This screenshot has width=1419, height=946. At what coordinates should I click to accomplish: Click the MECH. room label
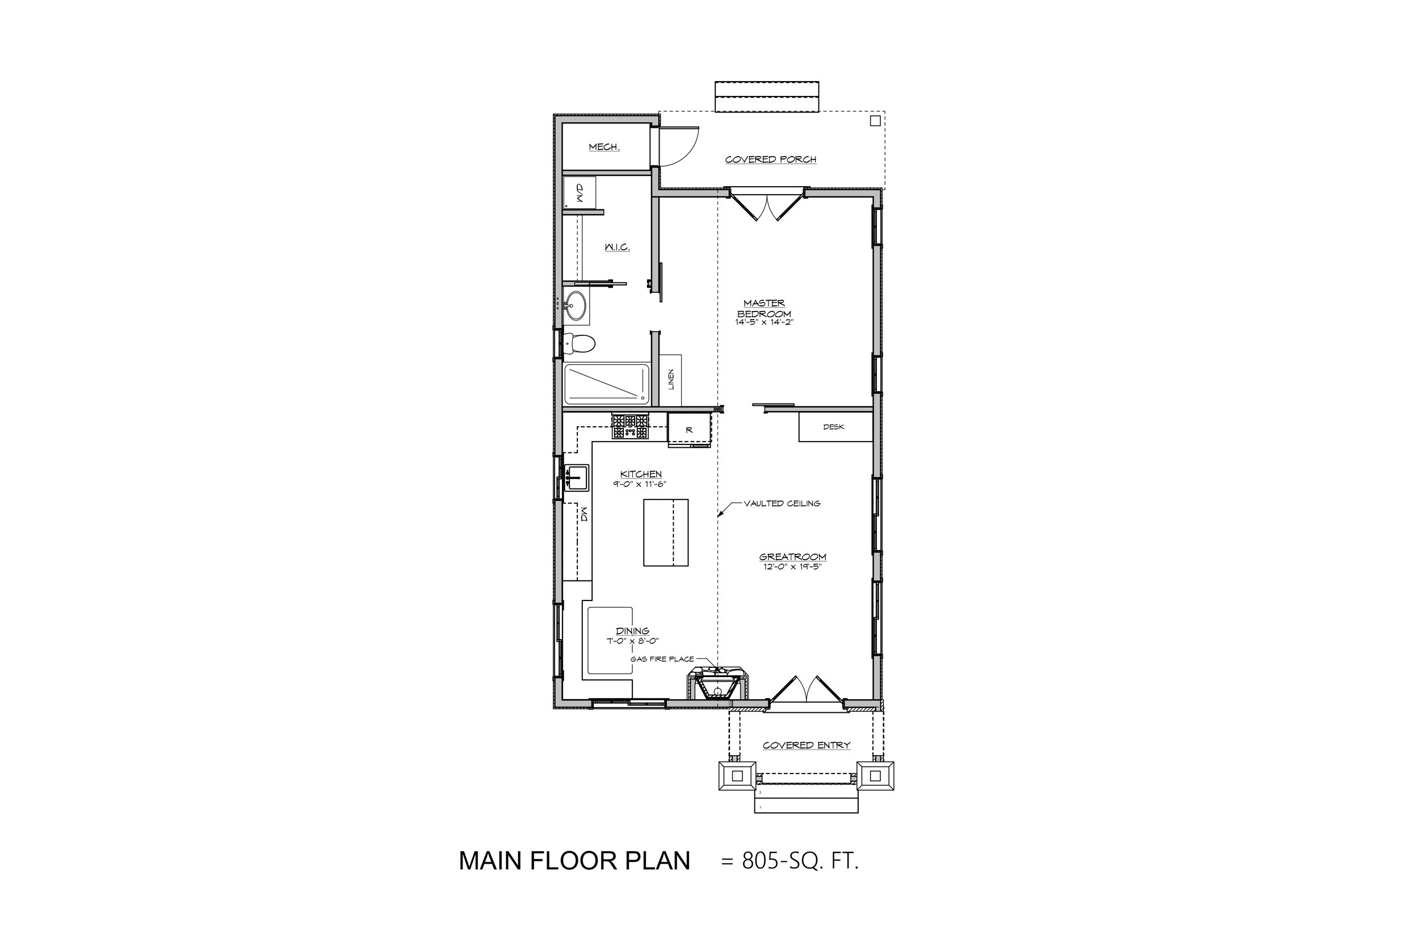tap(604, 147)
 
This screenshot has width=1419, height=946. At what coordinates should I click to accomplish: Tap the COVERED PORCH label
tap(770, 160)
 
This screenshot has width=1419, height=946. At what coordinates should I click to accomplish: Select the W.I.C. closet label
tap(617, 247)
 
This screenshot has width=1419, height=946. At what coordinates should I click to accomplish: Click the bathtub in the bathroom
tap(606, 384)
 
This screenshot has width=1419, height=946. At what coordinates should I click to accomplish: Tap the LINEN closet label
tap(671, 380)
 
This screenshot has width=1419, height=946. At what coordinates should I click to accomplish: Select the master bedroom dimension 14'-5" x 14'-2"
tap(764, 322)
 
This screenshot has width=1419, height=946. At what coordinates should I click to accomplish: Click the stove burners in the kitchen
tap(630, 426)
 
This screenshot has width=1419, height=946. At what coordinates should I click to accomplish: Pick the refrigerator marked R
tap(689, 430)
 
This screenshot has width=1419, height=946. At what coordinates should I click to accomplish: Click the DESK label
tap(833, 427)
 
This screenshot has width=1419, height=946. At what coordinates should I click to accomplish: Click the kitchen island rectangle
tap(665, 532)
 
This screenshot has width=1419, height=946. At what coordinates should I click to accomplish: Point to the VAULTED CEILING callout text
tap(782, 503)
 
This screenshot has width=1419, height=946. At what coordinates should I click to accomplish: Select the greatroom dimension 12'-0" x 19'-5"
tap(792, 566)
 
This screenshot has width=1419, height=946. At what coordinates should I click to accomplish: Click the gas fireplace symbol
tap(717, 685)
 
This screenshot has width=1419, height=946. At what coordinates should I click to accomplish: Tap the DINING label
tap(632, 631)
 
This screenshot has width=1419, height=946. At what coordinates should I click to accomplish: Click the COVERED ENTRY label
tap(806, 746)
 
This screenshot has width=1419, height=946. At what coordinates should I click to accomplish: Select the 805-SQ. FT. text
tap(800, 861)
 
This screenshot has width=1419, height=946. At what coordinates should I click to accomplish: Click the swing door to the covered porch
tap(679, 146)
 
